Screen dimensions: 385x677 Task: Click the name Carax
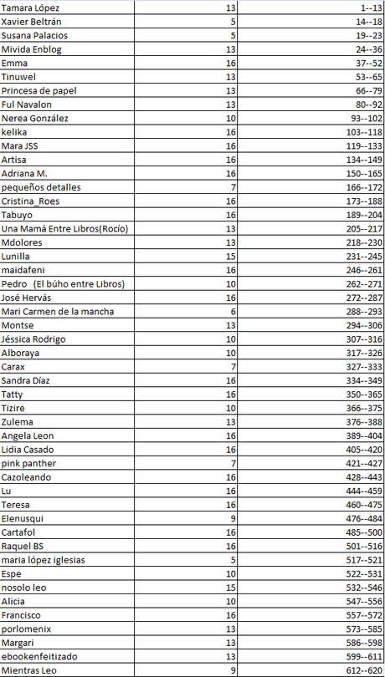pos(13,367)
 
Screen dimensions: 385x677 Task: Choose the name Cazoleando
pos(27,477)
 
